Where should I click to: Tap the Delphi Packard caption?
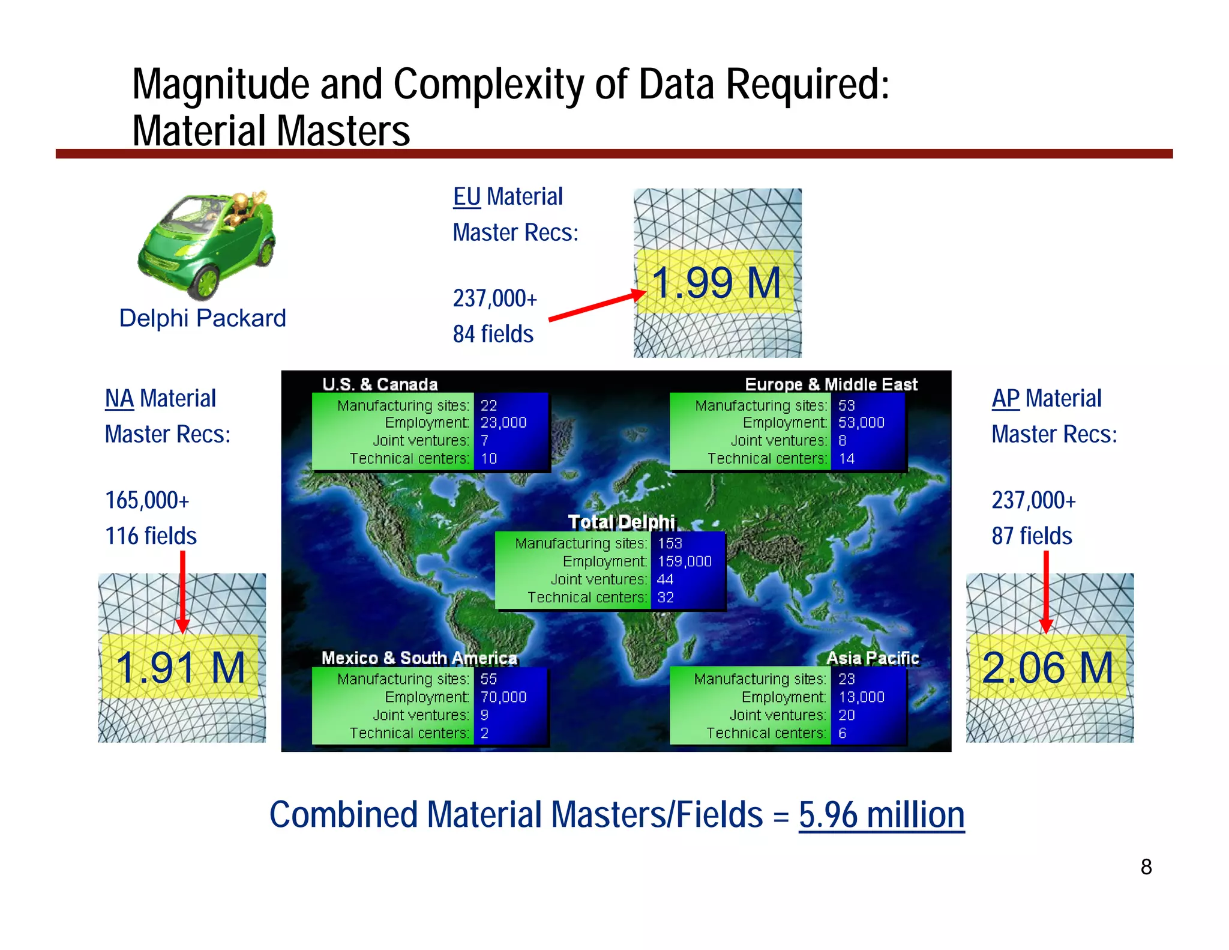point(202,318)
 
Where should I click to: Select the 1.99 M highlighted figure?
point(717,282)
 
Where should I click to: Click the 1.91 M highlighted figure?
point(181,667)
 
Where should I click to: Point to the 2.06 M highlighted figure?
point(1048,667)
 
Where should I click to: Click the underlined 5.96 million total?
point(881,815)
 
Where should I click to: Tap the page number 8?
point(1146,867)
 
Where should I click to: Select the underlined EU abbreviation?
point(467,196)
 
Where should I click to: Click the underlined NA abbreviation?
point(119,398)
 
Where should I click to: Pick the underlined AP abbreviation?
point(1005,398)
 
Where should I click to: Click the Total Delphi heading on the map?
point(621,522)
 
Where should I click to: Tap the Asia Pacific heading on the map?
point(872,658)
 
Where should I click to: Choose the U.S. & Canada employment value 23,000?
point(503,423)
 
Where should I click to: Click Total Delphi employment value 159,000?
point(685,561)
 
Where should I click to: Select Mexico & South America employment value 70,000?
point(503,697)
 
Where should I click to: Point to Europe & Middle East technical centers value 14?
point(847,459)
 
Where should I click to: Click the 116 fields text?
point(151,536)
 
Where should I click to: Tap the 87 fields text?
point(1032,536)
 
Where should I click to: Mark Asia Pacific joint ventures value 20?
point(847,715)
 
